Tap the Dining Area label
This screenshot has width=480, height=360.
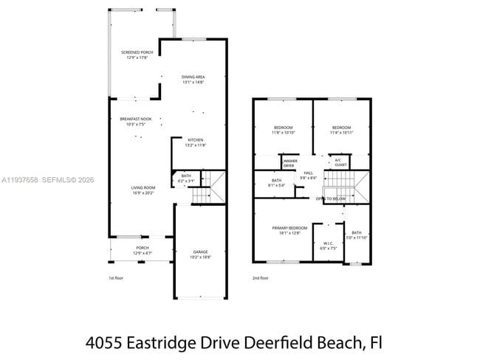click(193, 80)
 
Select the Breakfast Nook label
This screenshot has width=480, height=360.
click(136, 122)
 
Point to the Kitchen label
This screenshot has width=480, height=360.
click(195, 142)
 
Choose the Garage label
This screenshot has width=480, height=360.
click(201, 255)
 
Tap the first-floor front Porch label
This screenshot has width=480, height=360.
click(142, 250)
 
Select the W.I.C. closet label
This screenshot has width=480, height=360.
click(328, 246)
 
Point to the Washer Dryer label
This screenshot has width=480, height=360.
click(289, 163)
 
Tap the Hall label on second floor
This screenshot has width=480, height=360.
click(309, 175)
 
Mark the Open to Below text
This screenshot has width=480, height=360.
click(331, 198)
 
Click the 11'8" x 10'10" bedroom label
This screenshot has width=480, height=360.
click(283, 131)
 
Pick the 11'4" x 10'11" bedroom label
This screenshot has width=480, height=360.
click(341, 131)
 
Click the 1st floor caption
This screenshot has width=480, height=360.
click(116, 278)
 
